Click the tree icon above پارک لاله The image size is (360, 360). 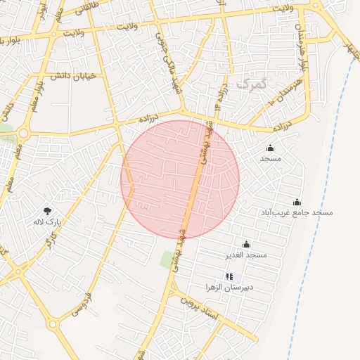point(47,210)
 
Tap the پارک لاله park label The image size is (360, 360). point(48,221)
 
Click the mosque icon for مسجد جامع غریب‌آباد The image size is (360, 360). point(297,202)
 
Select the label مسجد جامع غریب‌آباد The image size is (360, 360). point(297,212)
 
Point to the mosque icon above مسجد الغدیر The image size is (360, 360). point(245,244)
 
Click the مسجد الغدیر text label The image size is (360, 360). point(245,255)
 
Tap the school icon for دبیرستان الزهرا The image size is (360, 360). point(229,277)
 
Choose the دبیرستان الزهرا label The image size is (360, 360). point(229,288)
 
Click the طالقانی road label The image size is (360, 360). point(95,8)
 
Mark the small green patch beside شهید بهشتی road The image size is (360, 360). point(167,259)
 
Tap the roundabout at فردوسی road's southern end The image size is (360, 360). point(53,325)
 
